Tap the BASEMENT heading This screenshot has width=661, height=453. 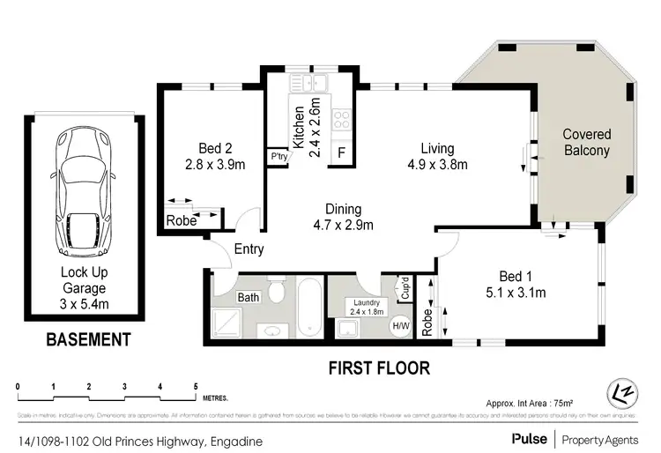tap(88, 339)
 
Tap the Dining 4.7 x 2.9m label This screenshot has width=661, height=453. tap(343, 217)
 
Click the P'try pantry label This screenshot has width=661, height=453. tap(280, 157)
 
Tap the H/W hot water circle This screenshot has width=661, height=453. tap(400, 325)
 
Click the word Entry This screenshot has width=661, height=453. tap(249, 249)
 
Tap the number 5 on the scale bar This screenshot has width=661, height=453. tap(195, 386)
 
